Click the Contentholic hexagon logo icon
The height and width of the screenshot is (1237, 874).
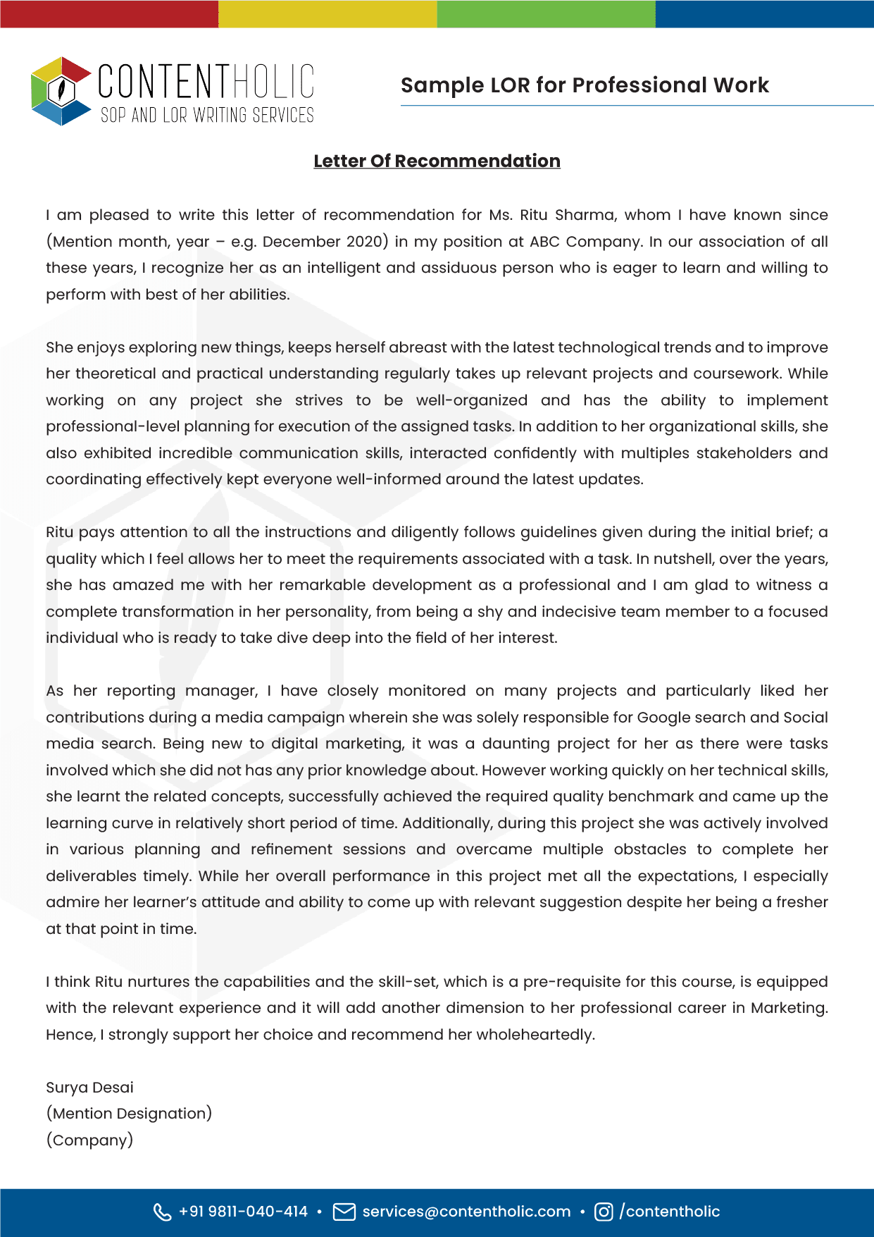61,91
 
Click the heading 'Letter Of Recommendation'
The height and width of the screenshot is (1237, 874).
437,161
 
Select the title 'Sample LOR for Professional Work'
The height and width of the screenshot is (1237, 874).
584,85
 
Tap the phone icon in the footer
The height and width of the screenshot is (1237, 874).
162,1212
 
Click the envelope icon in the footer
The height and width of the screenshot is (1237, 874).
344,1212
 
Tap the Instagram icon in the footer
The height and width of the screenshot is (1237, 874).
604,1212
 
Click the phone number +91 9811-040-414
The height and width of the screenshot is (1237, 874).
243,1212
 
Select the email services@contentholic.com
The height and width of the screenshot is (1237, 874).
466,1212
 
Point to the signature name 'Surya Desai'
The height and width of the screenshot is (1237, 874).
89,1088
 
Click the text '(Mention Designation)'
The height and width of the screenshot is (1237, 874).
129,1114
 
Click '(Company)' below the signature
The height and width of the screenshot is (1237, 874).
89,1140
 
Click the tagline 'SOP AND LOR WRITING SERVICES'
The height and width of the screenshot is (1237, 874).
207,116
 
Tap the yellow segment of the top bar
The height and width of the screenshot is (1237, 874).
327,13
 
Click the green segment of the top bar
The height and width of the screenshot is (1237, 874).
546,13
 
